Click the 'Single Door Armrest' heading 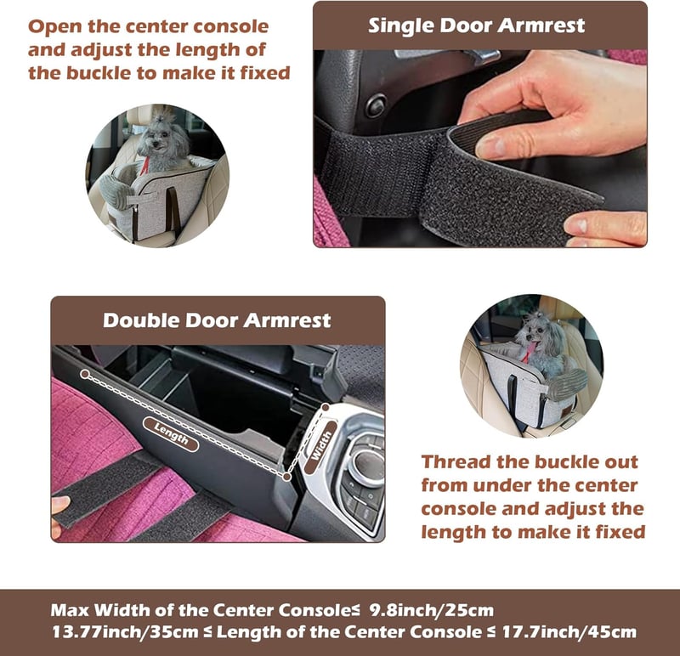[476, 25]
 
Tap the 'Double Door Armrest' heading [217, 320]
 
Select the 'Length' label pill [171, 434]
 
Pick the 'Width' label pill [321, 447]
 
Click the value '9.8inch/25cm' [432, 610]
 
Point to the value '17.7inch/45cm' [569, 631]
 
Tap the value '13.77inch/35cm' [125, 631]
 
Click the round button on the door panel [376, 105]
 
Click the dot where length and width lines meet [286, 477]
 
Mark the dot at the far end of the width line [326, 408]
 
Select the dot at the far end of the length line [85, 374]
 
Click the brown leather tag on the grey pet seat [565, 411]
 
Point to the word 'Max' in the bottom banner [70, 610]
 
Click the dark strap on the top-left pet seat [174, 212]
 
